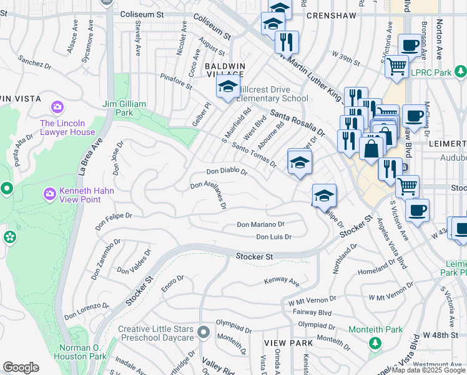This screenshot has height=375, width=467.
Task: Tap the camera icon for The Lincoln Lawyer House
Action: [x=59, y=107]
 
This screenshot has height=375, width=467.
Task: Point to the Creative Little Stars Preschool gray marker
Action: [x=202, y=331]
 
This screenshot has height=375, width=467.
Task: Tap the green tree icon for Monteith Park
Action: [x=375, y=342]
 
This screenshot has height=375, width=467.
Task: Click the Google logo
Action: [x=21, y=367]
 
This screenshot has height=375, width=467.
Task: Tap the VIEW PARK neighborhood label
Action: [x=284, y=344]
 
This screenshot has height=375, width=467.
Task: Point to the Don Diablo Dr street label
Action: [x=227, y=172]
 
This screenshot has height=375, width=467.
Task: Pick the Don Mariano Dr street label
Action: [x=260, y=224]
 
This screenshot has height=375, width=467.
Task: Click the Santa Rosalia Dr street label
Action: [x=297, y=123]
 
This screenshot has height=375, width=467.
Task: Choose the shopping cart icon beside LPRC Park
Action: [x=397, y=66]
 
